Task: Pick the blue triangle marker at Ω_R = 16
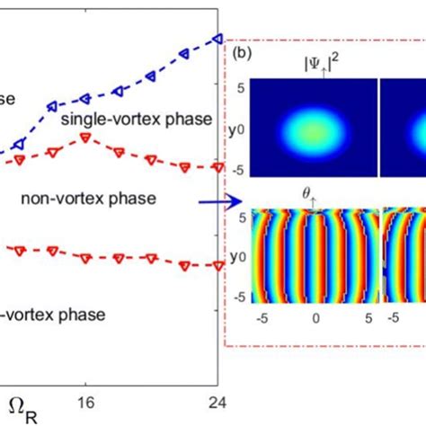pyautogui.click(x=85, y=98)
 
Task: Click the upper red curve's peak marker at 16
pyautogui.click(x=85, y=137)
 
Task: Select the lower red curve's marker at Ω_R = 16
pyautogui.click(x=85, y=258)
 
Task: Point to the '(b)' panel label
pyautogui.click(x=243, y=54)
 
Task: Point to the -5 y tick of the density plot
pyautogui.click(x=240, y=167)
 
